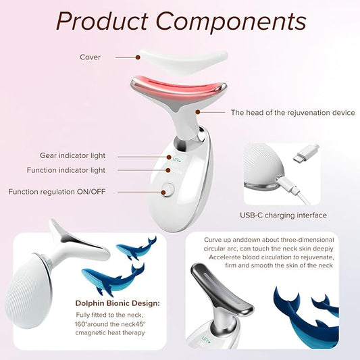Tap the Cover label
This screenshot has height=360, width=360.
(90, 57)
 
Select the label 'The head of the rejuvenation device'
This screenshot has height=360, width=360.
(292, 113)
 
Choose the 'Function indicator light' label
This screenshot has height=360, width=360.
(66, 170)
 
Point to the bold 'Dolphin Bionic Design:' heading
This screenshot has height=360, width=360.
(118, 303)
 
